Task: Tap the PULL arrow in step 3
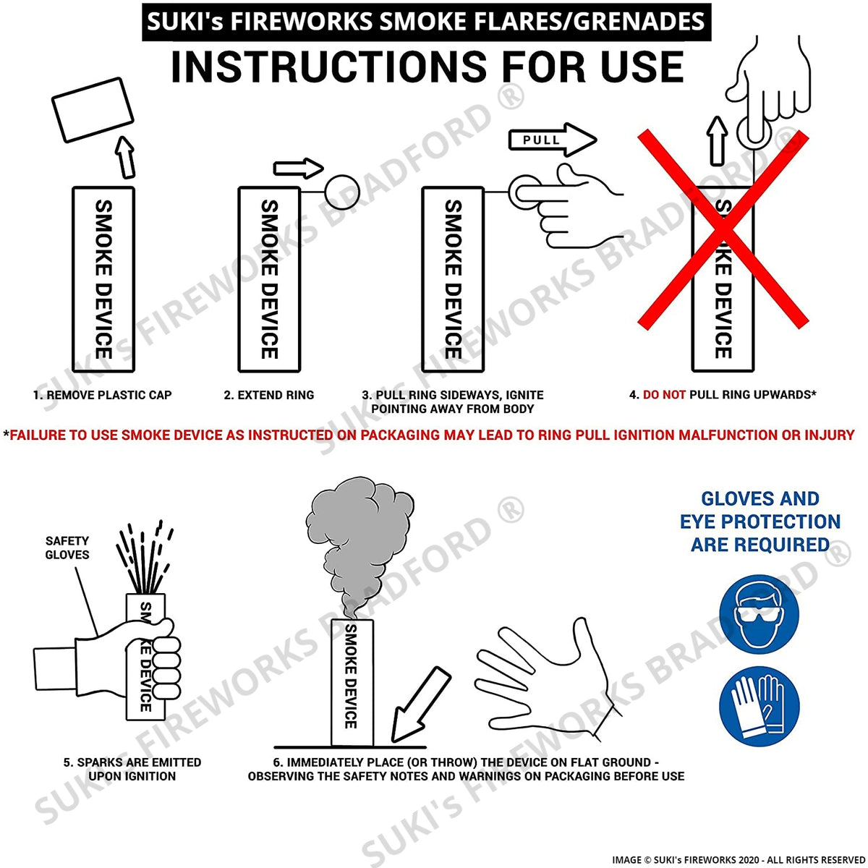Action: point(552,140)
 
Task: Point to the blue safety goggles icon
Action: point(759,614)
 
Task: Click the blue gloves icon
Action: point(759,706)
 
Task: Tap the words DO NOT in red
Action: point(664,395)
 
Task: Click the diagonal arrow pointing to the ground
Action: point(420,704)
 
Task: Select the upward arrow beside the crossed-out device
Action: point(717,141)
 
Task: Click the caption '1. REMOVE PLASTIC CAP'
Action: point(102,395)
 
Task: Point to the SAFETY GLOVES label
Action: point(67,548)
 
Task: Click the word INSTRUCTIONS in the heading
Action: point(329,67)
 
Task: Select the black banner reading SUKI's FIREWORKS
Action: point(426,22)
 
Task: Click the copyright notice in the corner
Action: point(739,859)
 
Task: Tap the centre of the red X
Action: point(723,230)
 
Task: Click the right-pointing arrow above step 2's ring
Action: point(299,169)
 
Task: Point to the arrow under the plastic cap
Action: point(125,157)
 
